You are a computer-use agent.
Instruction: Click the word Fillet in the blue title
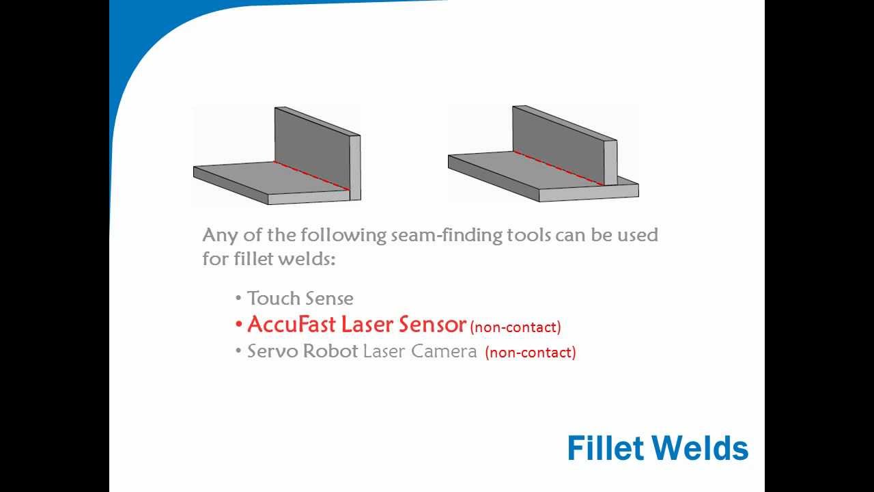point(605,448)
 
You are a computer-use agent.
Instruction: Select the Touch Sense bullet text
point(300,299)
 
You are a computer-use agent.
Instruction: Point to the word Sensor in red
point(432,324)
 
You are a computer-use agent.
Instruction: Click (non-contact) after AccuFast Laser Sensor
point(516,327)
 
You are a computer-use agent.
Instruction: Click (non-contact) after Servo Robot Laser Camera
point(531,353)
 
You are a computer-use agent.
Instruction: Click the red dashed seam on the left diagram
point(311,176)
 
